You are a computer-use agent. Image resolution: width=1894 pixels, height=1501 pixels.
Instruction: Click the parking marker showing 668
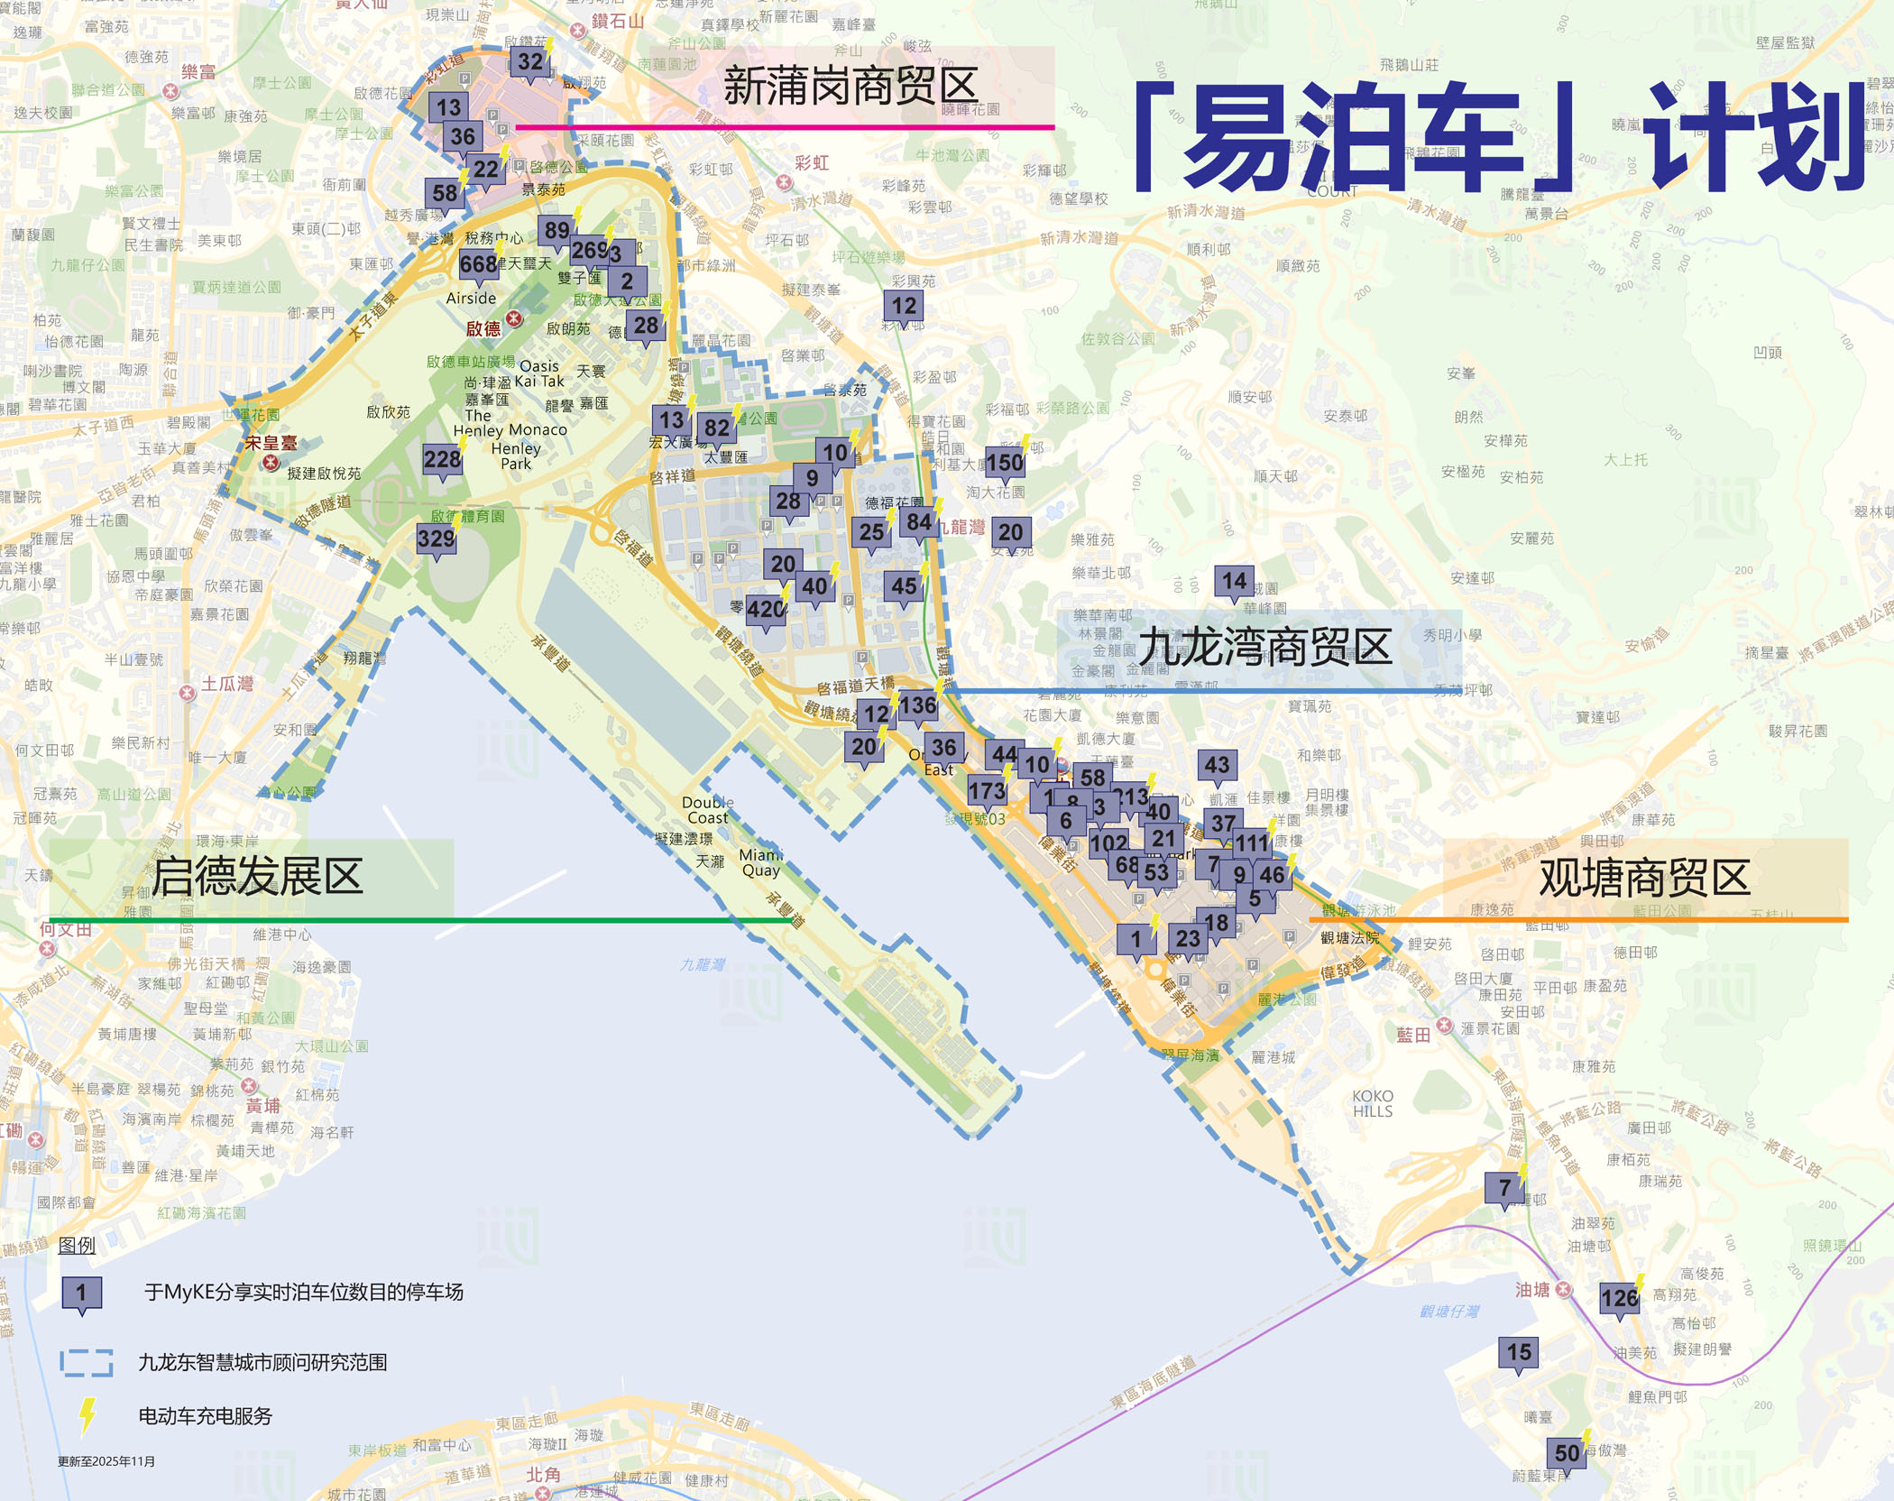478,264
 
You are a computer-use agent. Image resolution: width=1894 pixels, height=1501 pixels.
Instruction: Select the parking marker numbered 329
437,539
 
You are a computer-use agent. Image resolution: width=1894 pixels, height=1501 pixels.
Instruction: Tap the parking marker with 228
442,460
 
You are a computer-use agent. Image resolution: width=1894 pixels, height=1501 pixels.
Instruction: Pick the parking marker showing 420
766,610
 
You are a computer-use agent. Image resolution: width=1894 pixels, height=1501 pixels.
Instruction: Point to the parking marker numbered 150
1005,464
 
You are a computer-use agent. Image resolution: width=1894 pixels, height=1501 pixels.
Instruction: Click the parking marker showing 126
1619,1299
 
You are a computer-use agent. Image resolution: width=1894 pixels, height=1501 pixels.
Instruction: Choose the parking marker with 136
918,705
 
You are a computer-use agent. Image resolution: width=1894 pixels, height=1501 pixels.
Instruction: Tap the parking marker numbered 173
987,792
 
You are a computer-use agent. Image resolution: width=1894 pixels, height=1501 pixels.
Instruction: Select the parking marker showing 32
530,62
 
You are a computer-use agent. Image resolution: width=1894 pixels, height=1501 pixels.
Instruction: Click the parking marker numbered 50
1568,1453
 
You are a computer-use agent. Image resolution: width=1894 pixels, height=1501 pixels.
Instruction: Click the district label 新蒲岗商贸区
850,87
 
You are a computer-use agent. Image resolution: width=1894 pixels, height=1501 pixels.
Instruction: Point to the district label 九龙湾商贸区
1264,648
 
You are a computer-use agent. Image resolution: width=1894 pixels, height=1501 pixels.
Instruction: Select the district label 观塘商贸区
1644,878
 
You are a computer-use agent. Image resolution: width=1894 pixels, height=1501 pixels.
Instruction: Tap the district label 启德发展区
257,877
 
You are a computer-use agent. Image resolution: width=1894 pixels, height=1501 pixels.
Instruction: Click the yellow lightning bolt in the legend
87,1415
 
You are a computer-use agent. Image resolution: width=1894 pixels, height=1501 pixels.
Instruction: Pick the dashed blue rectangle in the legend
87,1362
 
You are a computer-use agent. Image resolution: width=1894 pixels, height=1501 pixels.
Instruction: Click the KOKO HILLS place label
1373,1103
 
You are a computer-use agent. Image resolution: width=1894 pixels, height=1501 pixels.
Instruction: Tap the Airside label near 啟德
471,299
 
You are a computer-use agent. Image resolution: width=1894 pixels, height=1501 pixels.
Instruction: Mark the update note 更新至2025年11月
106,1461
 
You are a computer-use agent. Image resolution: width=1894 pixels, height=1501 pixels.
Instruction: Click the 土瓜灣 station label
226,684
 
